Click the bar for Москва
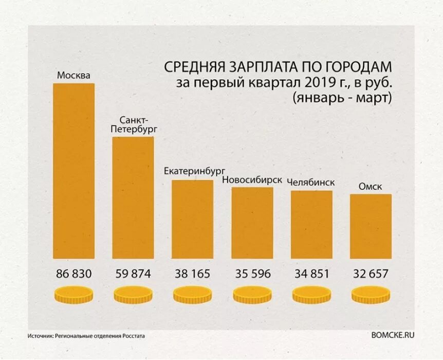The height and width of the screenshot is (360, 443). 74,171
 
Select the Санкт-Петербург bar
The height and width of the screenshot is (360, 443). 133,197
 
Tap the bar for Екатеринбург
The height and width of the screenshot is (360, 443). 192,219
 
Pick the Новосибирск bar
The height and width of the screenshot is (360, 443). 252,223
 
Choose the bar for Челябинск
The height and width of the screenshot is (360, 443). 311,224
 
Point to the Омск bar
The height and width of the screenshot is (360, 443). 371,226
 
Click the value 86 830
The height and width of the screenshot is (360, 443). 74,274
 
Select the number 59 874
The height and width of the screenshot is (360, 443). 133,274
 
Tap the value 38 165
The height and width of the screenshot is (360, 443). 192,274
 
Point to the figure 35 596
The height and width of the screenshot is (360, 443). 252,274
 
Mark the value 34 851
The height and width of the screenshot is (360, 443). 311,274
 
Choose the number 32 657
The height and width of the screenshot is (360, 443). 371,274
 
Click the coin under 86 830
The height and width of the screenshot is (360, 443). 74,295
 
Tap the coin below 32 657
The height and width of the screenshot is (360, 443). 371,295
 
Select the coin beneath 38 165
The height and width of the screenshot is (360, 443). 192,295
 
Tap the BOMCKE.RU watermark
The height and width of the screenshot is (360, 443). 392,334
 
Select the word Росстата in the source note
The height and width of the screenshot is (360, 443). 133,336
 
